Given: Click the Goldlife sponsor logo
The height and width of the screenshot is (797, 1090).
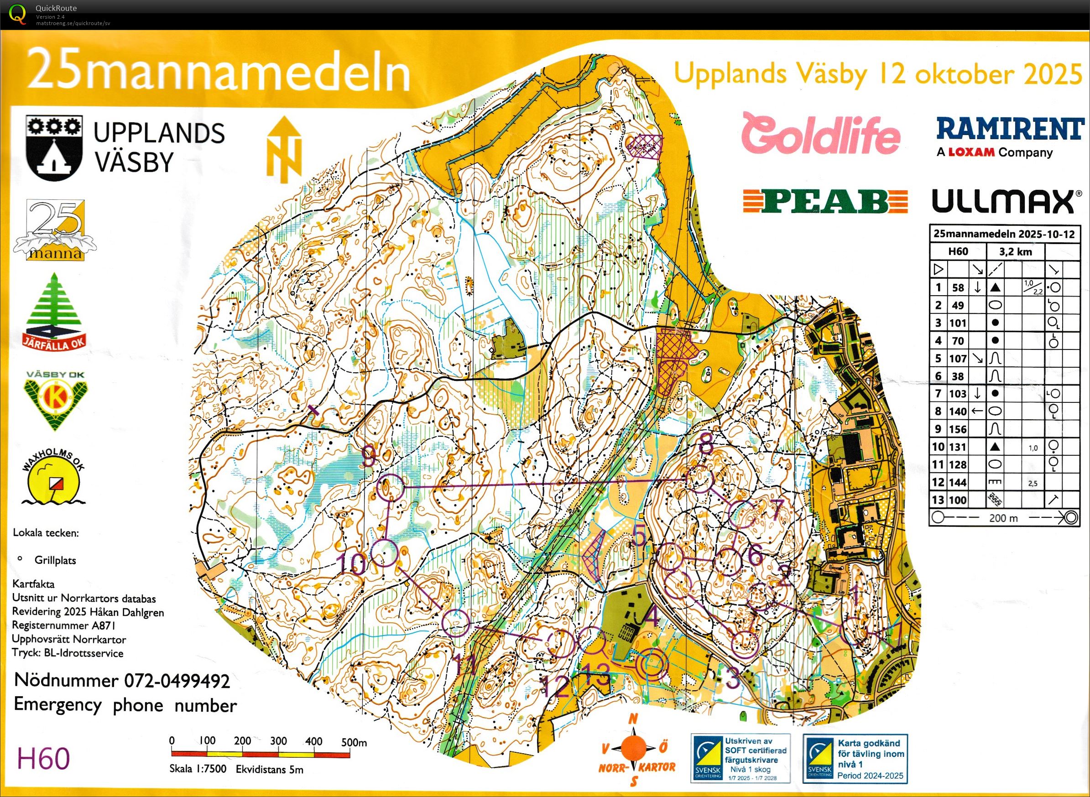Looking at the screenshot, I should tap(820, 134).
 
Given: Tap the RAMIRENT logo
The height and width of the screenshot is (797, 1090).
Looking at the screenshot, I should tap(1010, 129).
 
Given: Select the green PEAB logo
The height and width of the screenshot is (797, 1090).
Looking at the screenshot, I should tap(824, 201).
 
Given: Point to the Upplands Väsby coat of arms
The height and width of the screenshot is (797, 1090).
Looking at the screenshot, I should tap(53, 148).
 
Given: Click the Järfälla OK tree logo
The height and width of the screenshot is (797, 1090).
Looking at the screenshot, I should tap(54, 311).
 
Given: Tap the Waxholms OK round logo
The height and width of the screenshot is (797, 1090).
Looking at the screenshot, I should tap(53, 479).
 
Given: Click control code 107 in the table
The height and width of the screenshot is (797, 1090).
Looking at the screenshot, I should tap(957, 359).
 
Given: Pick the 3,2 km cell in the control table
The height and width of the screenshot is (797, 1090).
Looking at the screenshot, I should tap(1015, 251).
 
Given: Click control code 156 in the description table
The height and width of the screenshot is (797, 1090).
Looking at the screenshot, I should tap(957, 429).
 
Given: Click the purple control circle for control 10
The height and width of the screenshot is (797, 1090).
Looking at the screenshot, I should tap(385, 553).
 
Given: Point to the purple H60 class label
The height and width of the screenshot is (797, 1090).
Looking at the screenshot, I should tap(43, 758).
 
